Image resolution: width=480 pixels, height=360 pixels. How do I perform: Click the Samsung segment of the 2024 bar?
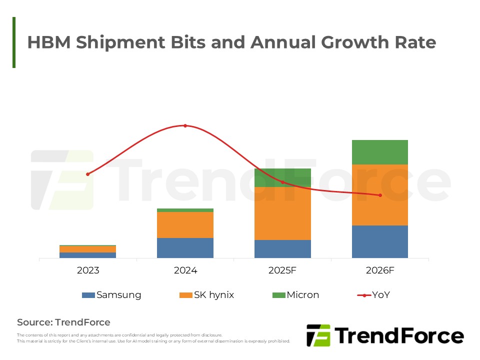point(185,248)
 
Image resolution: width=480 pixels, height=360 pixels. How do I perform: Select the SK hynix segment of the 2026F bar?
point(380,195)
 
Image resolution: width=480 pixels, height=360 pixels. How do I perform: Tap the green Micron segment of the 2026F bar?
point(380,152)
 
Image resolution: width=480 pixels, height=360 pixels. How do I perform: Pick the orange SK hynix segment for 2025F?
point(282,213)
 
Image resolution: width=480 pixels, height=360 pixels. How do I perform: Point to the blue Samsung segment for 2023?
point(87,255)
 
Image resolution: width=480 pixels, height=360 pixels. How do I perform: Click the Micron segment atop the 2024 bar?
point(185,210)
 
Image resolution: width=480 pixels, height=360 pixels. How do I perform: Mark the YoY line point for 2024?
point(185,125)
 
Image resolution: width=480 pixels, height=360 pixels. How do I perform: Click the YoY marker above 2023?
point(87,174)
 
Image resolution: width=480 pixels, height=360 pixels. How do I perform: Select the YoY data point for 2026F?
point(380,195)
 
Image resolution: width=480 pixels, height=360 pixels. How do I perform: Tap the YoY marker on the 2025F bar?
point(282,182)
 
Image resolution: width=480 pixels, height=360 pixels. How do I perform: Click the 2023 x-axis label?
point(87,270)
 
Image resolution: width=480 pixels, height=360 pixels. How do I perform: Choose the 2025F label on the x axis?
point(282,270)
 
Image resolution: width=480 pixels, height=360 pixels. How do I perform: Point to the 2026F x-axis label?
point(380,270)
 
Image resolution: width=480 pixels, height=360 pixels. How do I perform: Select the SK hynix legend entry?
point(206,295)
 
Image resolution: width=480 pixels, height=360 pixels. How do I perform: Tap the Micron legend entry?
point(295,295)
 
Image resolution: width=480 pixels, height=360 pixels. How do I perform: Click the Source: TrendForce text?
point(63,322)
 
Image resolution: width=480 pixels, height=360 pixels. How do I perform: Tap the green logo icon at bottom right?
point(318,335)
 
